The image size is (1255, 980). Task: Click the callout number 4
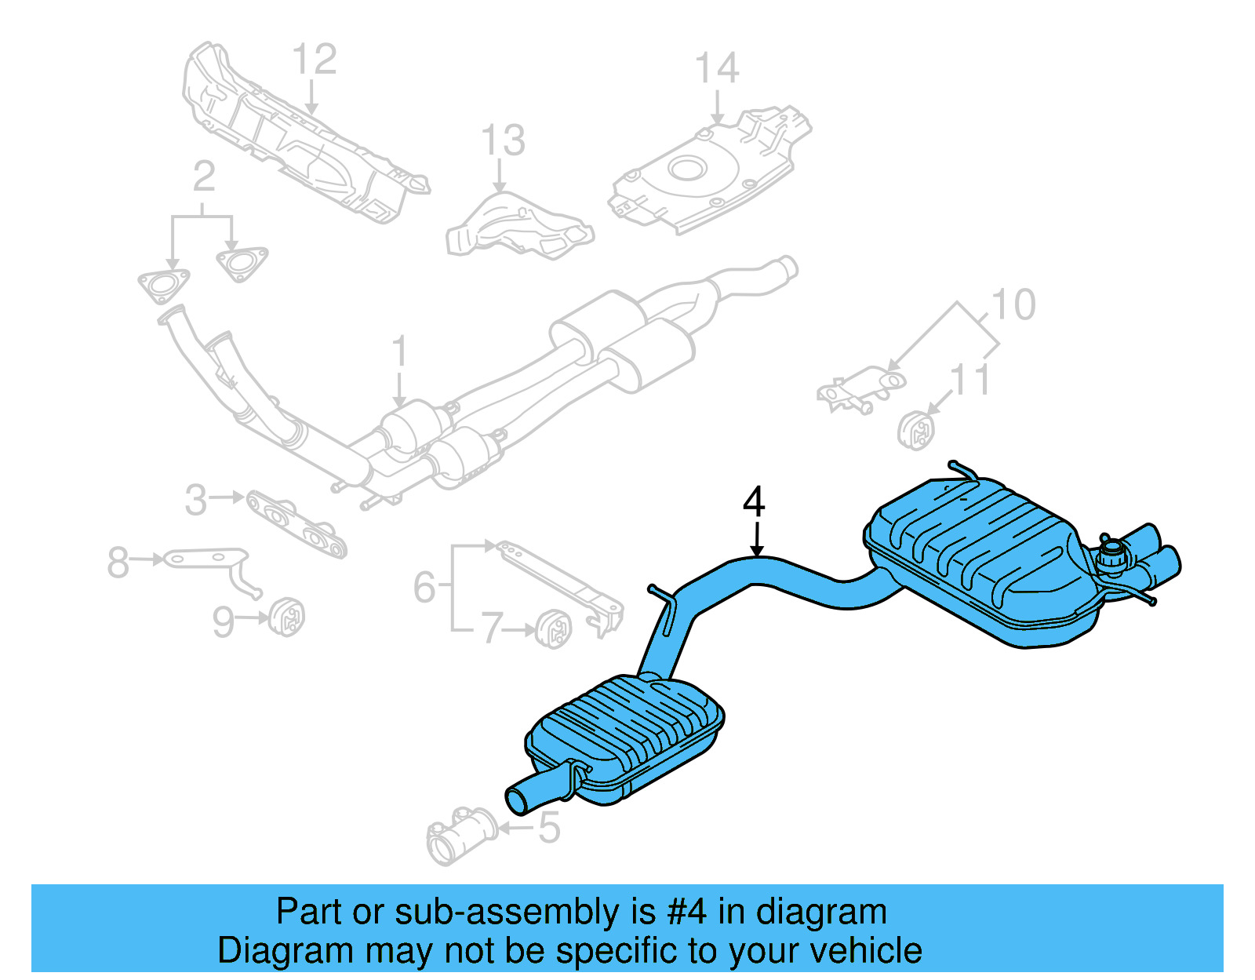click(754, 502)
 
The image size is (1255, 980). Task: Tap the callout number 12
click(315, 60)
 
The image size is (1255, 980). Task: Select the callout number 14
click(717, 69)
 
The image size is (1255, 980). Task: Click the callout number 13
click(502, 141)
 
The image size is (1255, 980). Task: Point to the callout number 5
click(549, 828)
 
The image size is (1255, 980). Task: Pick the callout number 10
click(1013, 305)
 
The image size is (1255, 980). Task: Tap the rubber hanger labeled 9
click(286, 618)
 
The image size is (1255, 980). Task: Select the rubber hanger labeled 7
click(555, 627)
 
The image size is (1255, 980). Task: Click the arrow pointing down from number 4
click(756, 541)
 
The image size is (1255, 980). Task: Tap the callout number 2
click(203, 177)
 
